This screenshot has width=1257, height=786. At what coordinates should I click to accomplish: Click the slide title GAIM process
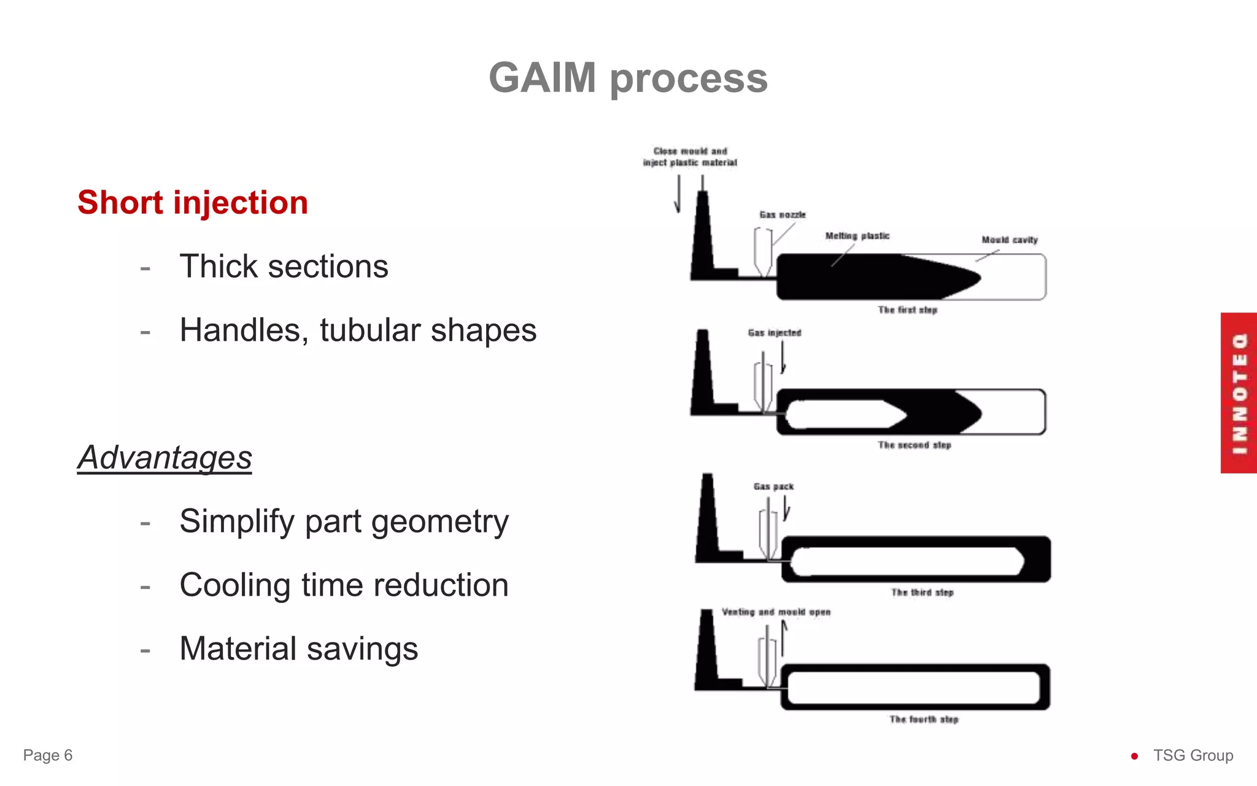tap(628, 79)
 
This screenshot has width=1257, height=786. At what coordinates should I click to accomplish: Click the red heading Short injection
tap(193, 203)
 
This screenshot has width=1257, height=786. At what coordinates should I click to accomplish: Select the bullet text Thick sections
tap(284, 267)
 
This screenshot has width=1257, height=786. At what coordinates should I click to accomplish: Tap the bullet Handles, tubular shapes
tap(358, 330)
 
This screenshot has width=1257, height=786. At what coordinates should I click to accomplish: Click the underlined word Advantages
tap(164, 458)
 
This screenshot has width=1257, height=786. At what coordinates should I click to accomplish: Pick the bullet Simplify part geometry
tap(344, 522)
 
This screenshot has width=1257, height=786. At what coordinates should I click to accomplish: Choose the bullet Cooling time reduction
tap(344, 585)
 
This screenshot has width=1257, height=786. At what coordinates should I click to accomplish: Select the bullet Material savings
tap(298, 649)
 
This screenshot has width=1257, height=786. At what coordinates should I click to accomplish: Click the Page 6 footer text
tap(48, 755)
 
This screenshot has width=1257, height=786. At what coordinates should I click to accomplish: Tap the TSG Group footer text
tap(1193, 755)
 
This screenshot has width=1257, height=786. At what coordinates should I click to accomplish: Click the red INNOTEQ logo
tap(1239, 393)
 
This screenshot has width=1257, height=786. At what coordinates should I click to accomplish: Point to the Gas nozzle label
tap(783, 215)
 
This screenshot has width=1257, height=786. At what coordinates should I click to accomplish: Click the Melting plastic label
tap(857, 236)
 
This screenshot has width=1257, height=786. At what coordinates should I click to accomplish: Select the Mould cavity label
tap(1010, 240)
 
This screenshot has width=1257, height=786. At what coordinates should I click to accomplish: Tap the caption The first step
tap(907, 310)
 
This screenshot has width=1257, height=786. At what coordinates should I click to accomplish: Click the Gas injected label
tap(775, 333)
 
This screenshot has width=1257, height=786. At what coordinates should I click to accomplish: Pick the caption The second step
tap(914, 445)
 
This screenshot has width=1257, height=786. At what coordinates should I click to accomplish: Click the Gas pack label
tap(773, 486)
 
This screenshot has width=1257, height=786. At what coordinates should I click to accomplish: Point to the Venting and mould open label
tap(776, 612)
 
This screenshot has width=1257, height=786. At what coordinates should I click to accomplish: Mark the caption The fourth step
tap(924, 719)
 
